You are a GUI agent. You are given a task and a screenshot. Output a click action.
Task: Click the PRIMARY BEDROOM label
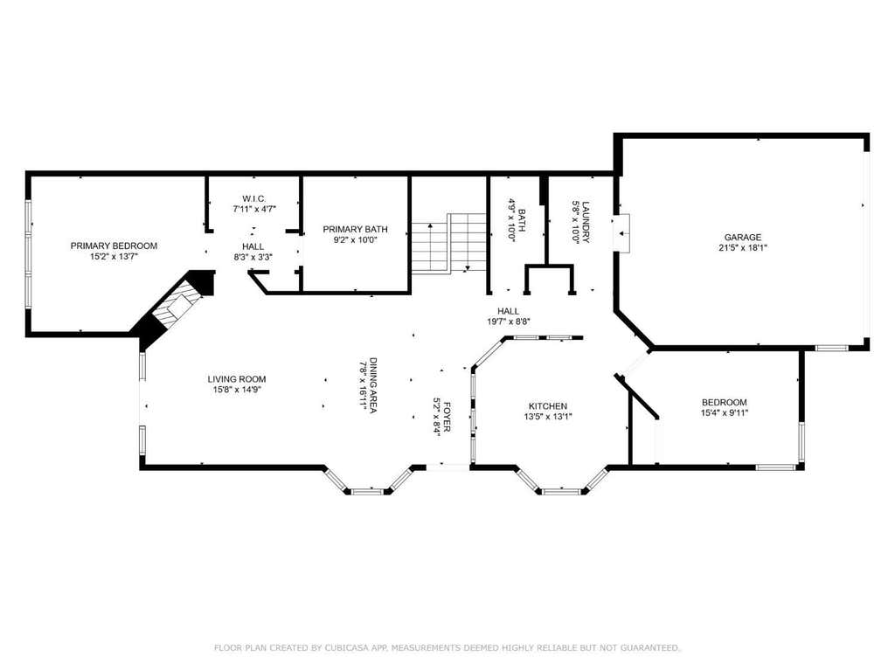(114, 246)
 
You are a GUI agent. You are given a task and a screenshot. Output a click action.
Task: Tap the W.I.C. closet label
(254, 198)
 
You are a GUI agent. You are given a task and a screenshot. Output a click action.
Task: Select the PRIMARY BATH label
(355, 230)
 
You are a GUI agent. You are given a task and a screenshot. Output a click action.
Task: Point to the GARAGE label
(743, 238)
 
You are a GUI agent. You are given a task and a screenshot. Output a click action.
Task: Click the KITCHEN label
(548, 406)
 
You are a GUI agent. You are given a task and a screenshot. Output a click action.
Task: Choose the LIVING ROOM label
(237, 379)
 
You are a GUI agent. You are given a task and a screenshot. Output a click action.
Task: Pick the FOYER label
(447, 417)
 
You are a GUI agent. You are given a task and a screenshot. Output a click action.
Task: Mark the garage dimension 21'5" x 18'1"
(743, 248)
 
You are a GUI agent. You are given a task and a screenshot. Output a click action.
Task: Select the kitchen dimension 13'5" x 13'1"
(548, 417)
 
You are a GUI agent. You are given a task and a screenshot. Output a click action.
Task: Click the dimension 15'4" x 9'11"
(725, 413)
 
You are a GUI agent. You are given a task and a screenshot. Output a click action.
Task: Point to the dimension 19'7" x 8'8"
(508, 322)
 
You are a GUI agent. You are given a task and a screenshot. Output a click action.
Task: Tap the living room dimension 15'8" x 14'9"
(237, 390)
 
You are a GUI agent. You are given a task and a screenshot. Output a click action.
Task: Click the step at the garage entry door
(621, 233)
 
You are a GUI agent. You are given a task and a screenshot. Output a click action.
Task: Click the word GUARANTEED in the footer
(649, 647)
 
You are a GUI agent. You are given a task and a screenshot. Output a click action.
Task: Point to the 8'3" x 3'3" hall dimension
(253, 258)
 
